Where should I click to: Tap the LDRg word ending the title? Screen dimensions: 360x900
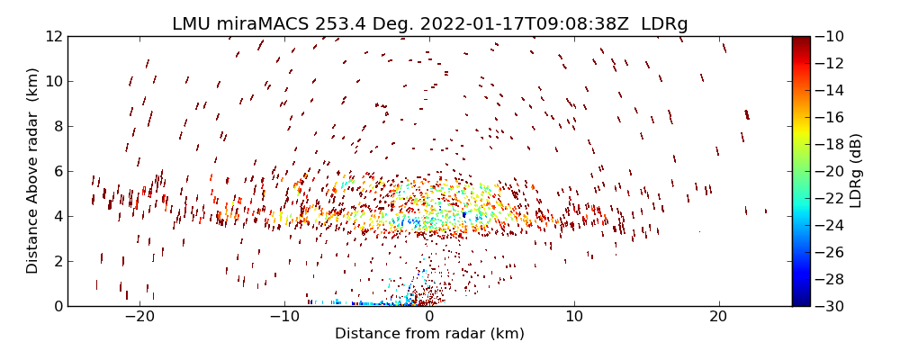[664, 24]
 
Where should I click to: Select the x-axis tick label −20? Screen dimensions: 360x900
[139, 318]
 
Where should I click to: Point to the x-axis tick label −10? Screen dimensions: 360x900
[284, 318]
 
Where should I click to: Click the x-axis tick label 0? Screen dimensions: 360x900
[429, 318]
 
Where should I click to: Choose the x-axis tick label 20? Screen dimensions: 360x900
[718, 318]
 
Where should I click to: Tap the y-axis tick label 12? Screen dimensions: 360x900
[53, 37]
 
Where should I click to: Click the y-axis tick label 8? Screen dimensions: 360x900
[57, 127]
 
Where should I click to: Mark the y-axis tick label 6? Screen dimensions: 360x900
[57, 172]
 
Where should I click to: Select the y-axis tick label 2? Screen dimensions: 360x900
[57, 262]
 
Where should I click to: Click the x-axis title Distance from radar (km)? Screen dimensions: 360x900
[429, 334]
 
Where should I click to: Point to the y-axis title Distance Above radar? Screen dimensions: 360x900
[33, 171]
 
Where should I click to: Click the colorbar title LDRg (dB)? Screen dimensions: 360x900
[856, 171]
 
